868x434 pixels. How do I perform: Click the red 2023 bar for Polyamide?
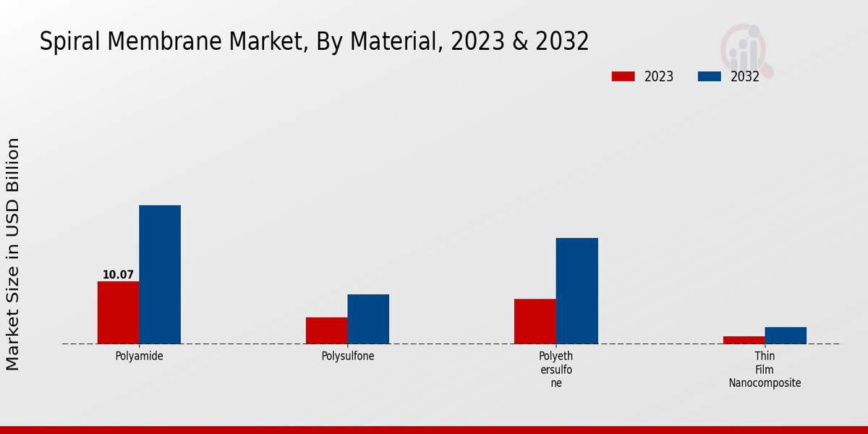tap(118, 312)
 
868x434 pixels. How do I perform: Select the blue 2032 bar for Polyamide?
tap(160, 275)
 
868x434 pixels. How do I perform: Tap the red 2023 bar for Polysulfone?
tap(326, 331)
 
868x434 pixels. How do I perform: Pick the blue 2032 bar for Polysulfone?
tap(368, 319)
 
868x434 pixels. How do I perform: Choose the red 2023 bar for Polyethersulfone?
tap(535, 321)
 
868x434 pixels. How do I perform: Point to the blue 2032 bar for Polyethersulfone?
tap(577, 291)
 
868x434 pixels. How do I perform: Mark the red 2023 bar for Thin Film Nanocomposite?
tap(744, 340)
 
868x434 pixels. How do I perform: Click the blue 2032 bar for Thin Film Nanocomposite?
tap(786, 336)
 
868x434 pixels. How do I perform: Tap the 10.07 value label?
tap(118, 275)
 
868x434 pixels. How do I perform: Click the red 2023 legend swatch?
tap(623, 77)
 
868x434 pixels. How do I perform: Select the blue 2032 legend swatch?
tap(709, 77)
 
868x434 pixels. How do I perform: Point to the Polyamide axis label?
tap(139, 356)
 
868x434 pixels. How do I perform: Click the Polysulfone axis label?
tap(348, 356)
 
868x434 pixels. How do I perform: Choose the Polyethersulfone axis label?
tap(556, 370)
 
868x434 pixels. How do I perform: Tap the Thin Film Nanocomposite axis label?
tap(765, 370)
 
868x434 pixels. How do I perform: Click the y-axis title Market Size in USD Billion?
tap(13, 254)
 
